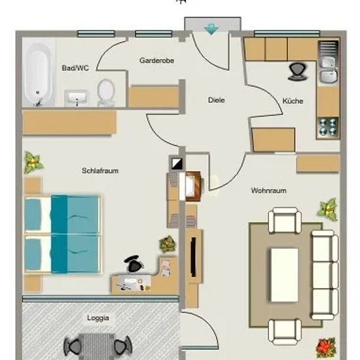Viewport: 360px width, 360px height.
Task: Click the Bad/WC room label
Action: coord(75,68)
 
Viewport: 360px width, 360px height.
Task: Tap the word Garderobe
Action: coord(156,61)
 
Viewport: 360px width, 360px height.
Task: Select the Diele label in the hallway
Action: coord(216,100)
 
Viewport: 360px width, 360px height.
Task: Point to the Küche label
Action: coord(293,101)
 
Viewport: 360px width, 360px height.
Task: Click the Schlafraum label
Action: coord(100,171)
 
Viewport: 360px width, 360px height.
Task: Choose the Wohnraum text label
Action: coord(268,190)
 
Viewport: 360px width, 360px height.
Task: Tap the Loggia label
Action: coord(98,318)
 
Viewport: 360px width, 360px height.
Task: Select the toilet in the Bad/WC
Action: coord(106,92)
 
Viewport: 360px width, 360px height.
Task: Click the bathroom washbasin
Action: coord(77,98)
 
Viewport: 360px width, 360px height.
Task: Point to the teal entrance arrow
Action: coord(211,29)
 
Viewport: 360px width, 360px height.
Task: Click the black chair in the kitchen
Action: coord(297,72)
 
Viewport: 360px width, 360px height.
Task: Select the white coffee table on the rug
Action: coord(285,275)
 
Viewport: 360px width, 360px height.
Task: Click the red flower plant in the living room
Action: coord(326,348)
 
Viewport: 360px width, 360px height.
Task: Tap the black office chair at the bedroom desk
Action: coord(134,263)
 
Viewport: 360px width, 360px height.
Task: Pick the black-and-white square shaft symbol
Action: coord(177,164)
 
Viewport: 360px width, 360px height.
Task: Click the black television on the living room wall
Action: coord(193,257)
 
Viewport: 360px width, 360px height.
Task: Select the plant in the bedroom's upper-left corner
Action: coord(33,162)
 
